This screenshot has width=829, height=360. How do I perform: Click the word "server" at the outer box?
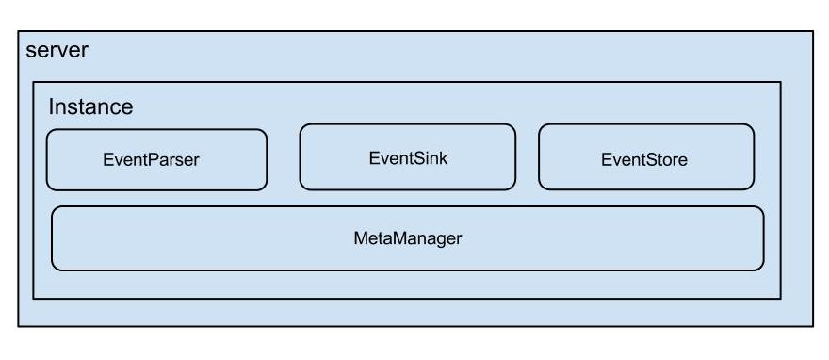(57, 51)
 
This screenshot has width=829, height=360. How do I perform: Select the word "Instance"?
(90, 106)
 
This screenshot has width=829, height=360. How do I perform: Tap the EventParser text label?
(152, 159)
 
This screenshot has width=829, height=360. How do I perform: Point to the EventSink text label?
(408, 158)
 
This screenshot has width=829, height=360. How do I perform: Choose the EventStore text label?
(644, 159)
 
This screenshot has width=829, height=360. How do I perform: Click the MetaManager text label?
(408, 238)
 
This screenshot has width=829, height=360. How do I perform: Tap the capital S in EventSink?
(417, 158)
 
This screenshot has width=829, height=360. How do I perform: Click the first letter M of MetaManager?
(361, 238)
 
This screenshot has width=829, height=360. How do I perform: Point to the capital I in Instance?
(51, 106)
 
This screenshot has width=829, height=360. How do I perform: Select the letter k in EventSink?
(443, 158)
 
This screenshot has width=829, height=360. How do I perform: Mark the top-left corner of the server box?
(19, 31)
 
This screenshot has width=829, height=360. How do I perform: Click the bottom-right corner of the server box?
(813, 326)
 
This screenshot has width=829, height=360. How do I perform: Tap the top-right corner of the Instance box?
(780, 82)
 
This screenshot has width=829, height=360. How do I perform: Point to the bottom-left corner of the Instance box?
(33, 299)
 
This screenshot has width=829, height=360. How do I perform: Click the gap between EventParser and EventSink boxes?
(284, 158)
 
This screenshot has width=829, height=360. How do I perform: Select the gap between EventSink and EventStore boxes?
(528, 157)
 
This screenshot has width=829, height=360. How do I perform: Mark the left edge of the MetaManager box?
(52, 238)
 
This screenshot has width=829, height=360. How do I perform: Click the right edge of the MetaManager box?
(763, 238)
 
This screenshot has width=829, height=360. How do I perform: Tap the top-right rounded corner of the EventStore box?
(752, 127)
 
